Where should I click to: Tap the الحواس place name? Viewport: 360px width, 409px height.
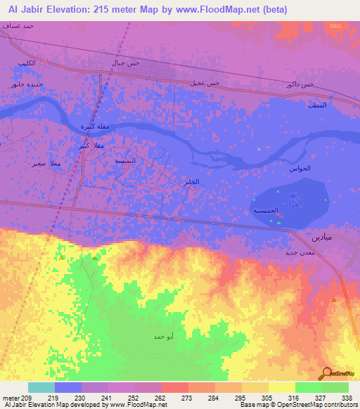300,169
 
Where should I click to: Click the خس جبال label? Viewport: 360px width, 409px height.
126,63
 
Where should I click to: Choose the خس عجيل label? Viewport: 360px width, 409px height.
205,83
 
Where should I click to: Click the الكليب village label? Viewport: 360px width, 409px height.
27,65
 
